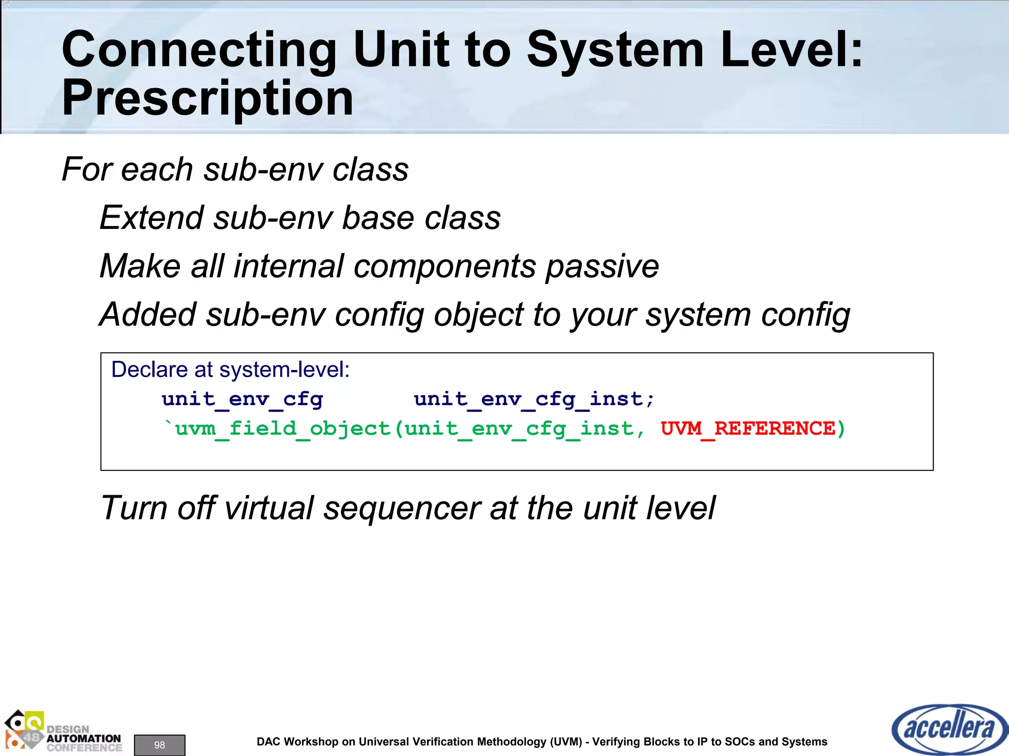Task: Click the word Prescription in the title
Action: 207,98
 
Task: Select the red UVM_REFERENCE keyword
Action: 748,429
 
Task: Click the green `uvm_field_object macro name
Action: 277,429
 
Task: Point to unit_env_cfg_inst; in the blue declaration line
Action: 534,399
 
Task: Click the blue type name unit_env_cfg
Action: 242,399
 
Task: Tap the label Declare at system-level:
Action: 230,370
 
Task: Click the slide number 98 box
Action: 160,745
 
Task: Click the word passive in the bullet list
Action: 602,266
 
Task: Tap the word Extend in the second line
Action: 152,218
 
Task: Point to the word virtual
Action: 269,508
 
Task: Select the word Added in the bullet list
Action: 148,315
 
